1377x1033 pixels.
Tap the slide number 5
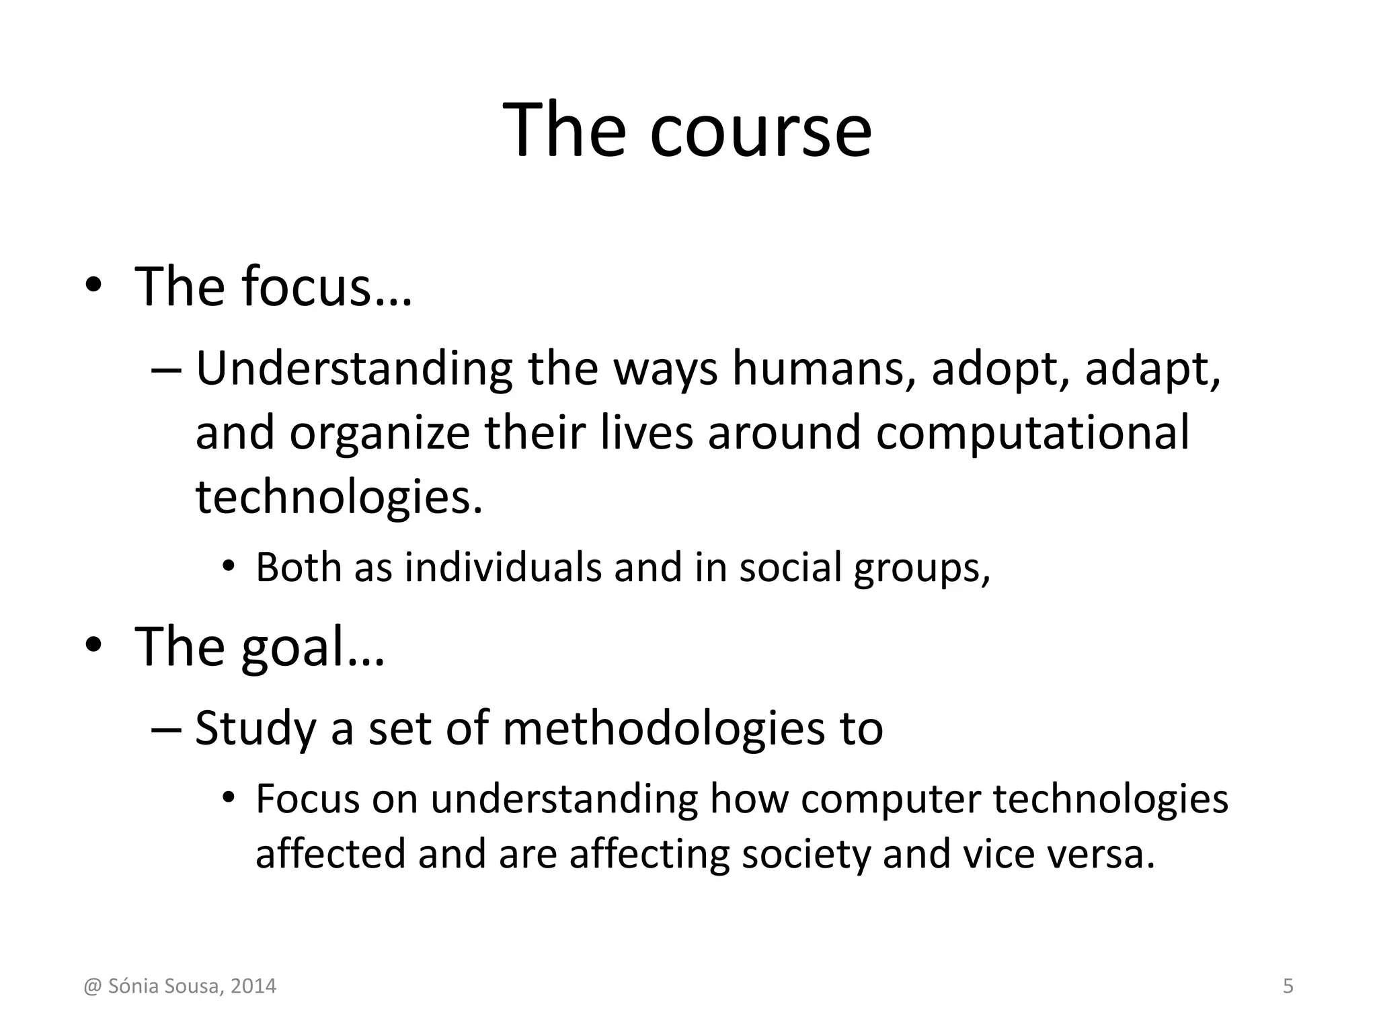point(1288,987)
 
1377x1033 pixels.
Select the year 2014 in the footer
point(253,987)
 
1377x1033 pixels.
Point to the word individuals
point(503,567)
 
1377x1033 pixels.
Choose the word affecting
point(650,855)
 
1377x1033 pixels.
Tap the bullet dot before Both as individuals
point(229,567)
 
